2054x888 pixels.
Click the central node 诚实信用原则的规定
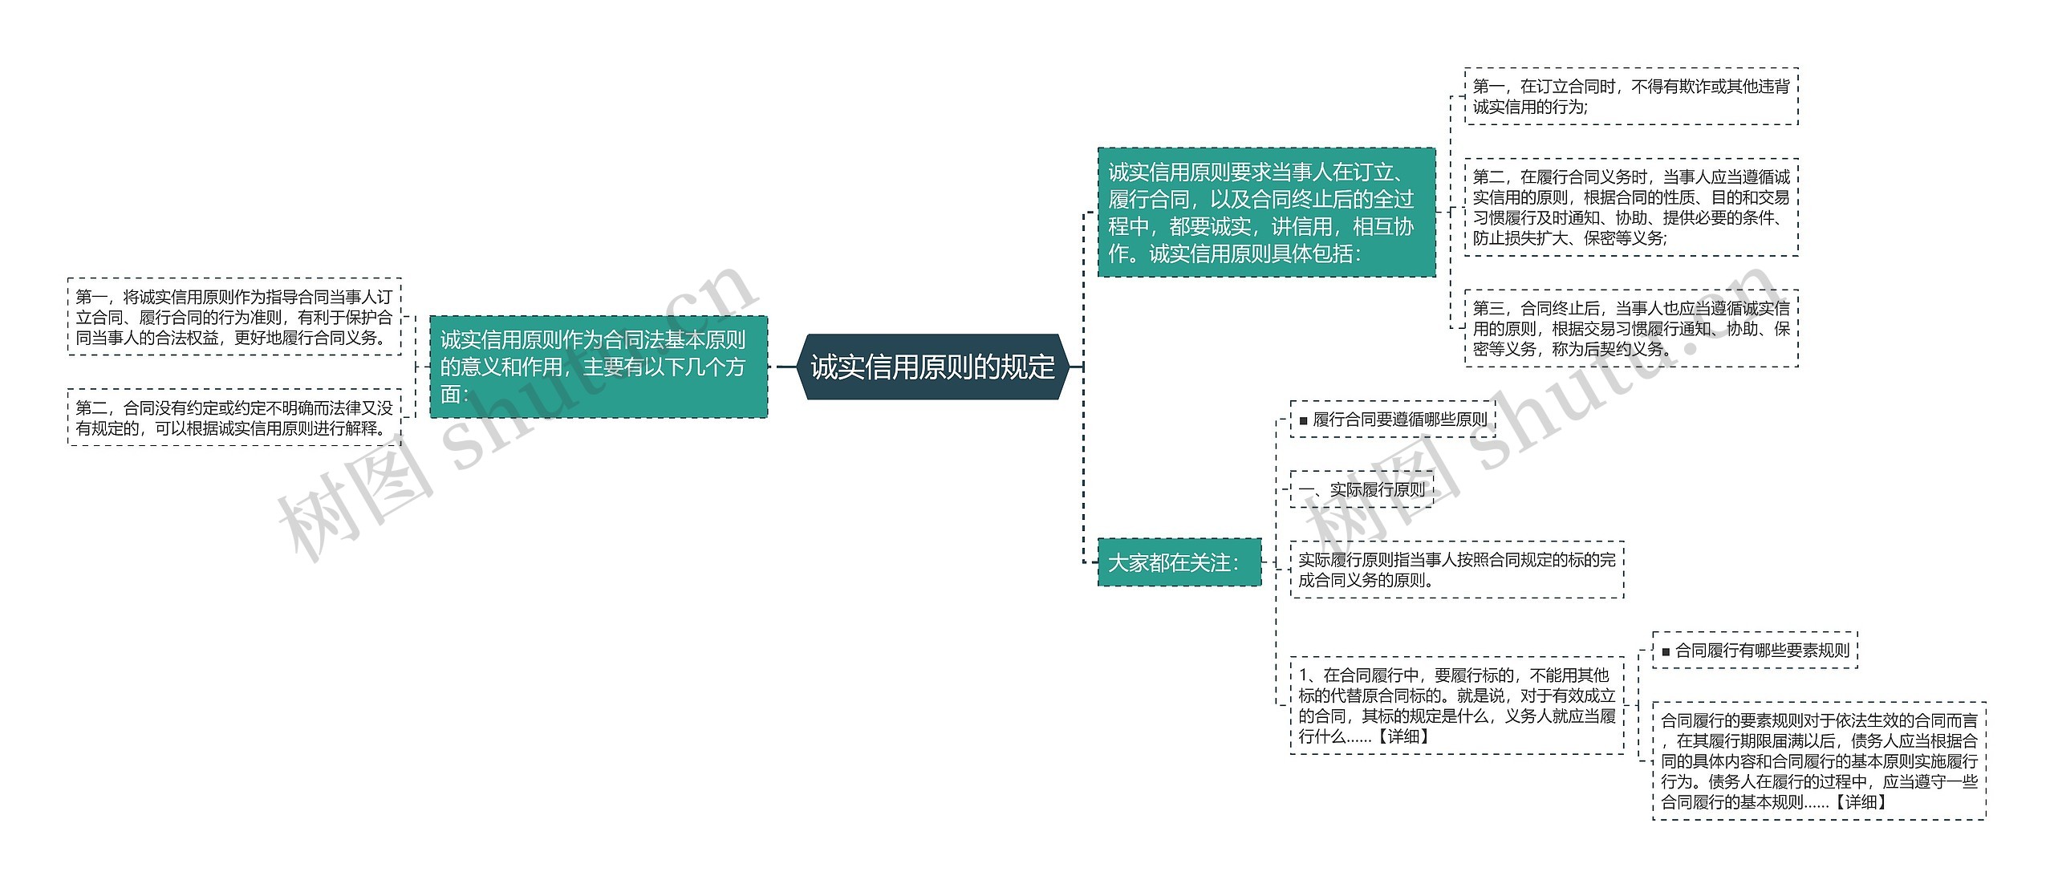[932, 367]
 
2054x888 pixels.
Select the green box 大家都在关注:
[1179, 562]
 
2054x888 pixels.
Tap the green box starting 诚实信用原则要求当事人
[1265, 213]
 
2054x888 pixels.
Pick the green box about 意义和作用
[598, 367]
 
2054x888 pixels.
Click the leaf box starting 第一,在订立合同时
[1630, 96]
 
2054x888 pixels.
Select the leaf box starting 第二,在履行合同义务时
[1630, 207]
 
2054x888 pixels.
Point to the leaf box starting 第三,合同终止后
[1630, 328]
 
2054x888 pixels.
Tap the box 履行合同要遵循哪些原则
[1393, 420]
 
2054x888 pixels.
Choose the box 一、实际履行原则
[1362, 489]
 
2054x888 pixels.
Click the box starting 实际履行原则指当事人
[1456, 570]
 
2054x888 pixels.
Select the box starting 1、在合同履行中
[1456, 705]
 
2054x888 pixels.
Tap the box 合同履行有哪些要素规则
[1755, 651]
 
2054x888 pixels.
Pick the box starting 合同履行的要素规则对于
[1819, 760]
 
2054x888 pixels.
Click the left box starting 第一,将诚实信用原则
[234, 317]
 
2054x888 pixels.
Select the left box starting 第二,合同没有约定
[234, 418]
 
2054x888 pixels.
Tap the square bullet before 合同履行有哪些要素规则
[1666, 652]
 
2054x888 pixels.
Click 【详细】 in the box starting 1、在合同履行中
[1403, 736]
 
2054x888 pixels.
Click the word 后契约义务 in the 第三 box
[1621, 349]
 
